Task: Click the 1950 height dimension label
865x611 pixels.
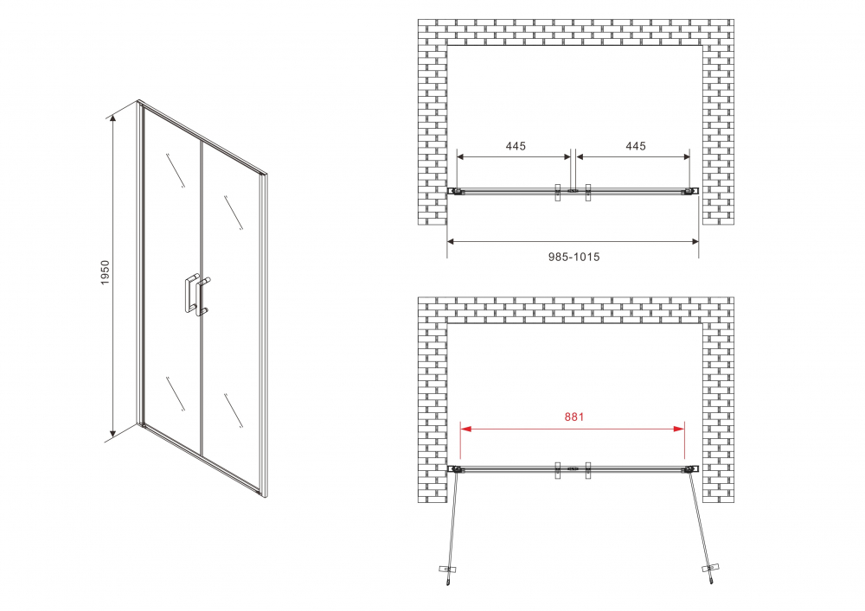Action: point(106,273)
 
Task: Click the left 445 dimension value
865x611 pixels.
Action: point(516,146)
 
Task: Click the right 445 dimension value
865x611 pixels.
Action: point(636,146)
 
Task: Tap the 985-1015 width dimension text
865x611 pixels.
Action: point(573,257)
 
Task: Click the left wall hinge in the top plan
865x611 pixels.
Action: point(452,191)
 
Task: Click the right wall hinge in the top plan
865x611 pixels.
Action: point(694,191)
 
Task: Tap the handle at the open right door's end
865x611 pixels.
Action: point(712,569)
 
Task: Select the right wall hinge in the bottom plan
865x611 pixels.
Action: point(689,470)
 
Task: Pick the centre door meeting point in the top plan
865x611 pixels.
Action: point(573,191)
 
